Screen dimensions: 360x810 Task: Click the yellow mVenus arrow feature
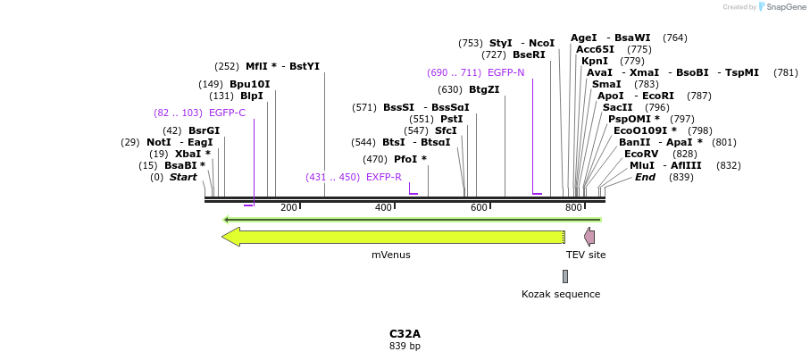point(393,237)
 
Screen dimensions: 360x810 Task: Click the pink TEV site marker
point(589,237)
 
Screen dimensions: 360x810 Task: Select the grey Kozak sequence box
point(565,276)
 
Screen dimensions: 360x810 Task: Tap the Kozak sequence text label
point(561,294)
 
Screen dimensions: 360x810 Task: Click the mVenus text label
point(391,255)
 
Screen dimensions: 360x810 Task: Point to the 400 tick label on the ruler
point(384,208)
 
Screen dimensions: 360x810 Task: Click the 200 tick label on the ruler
point(288,208)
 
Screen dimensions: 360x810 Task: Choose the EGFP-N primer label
point(505,72)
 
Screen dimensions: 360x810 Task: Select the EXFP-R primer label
point(384,177)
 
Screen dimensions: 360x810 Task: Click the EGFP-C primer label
point(227,113)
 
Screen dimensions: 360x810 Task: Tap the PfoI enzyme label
point(410,159)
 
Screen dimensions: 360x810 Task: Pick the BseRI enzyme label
point(529,54)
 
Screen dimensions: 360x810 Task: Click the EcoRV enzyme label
point(641,154)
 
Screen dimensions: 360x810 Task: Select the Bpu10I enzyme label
point(249,84)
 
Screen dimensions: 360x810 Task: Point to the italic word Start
point(183,177)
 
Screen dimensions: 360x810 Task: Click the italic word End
point(645,177)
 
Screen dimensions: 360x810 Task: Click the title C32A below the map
point(405,333)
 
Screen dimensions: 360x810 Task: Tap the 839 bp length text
point(405,346)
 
